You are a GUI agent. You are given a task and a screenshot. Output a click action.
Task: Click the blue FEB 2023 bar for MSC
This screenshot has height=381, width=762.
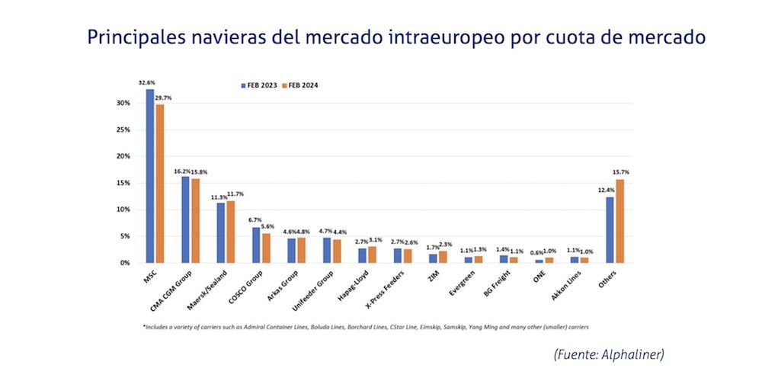(x=150, y=176)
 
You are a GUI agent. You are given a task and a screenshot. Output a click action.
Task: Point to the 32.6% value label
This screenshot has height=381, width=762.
(x=147, y=82)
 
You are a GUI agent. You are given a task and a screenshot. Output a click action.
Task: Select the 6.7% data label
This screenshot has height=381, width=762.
(x=255, y=220)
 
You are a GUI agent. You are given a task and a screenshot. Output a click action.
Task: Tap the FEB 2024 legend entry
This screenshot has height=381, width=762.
(x=300, y=85)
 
